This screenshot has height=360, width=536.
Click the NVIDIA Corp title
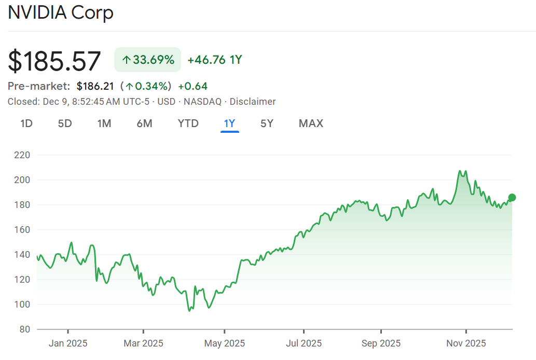coord(60,12)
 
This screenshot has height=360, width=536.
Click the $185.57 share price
coord(54,61)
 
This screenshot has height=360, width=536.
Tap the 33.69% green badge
coord(148,60)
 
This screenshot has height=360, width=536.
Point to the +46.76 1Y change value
coord(214,60)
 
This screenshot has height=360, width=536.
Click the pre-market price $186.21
coord(95,86)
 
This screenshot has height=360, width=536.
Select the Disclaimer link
coord(253,102)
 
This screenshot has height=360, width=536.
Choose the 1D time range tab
coord(26,123)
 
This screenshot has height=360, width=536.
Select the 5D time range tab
coord(65,123)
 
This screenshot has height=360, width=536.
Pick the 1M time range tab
coord(104,123)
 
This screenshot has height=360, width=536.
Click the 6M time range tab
coord(144,123)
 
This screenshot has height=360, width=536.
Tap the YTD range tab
coord(188,123)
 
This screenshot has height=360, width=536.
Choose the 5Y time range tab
coord(267,123)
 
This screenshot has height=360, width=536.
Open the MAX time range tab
coord(311,123)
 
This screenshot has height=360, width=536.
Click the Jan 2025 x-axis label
coord(68,343)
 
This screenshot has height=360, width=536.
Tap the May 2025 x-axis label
coord(224,343)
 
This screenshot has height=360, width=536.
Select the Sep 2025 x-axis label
coord(381,343)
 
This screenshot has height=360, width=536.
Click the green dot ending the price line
coord(512,197)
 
